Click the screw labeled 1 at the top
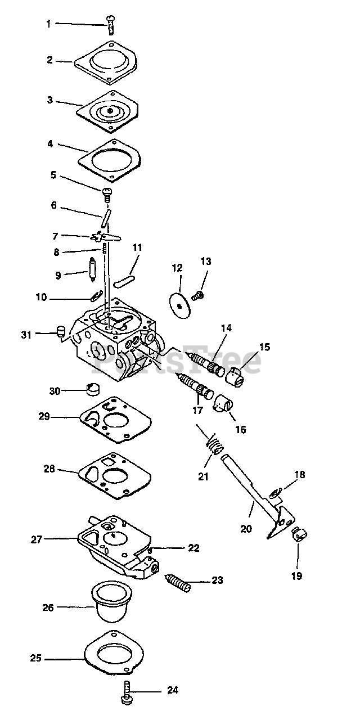(111, 24)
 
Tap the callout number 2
(50, 59)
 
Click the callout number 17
(198, 411)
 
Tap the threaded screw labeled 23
(179, 582)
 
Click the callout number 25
(36, 658)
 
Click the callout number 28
(50, 468)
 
